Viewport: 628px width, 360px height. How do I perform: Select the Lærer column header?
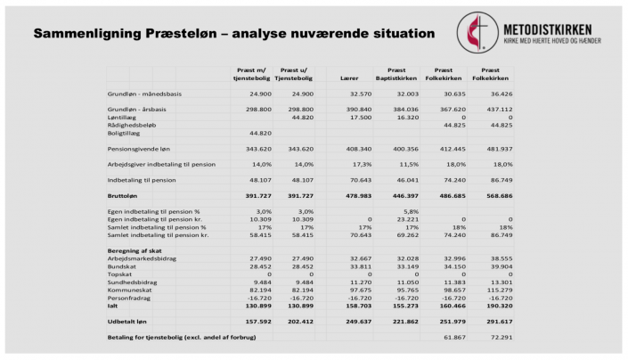tap(349, 78)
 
